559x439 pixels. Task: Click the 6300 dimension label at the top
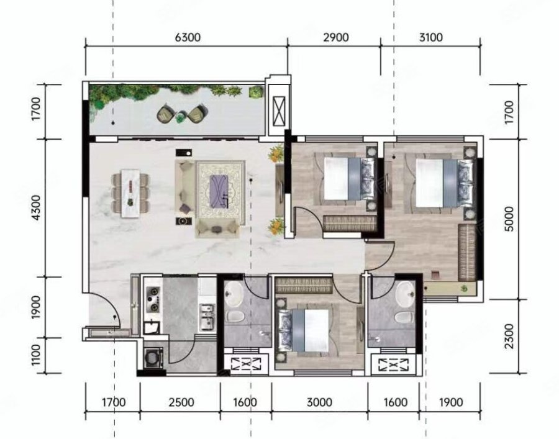click(188, 37)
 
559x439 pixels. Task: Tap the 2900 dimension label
click(336, 37)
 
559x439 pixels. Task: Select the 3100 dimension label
click(430, 37)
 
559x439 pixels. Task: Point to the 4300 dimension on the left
click(37, 208)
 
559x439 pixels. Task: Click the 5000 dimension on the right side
click(510, 219)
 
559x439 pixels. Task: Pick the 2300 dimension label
click(510, 336)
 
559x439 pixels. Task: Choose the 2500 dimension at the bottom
click(181, 402)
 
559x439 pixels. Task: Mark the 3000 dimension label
click(319, 402)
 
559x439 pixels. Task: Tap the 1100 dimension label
click(37, 355)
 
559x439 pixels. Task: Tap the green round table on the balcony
click(180, 116)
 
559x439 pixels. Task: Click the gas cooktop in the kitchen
click(154, 300)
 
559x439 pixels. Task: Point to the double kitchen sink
click(207, 317)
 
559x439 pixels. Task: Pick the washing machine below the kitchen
click(154, 358)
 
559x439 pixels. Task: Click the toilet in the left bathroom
click(235, 316)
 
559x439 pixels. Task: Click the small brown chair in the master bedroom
click(435, 274)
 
